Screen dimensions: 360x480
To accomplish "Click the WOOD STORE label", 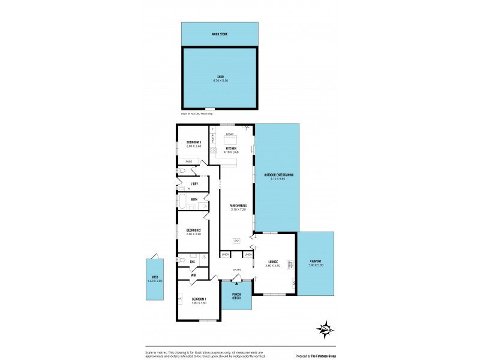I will (219, 34).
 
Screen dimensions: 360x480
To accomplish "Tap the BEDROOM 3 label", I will (193, 142).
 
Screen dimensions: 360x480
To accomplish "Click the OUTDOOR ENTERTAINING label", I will (278, 175).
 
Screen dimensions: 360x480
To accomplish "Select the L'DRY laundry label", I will (194, 184).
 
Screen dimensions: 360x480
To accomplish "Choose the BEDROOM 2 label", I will (193, 230).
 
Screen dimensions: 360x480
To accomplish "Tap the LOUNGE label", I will (273, 262).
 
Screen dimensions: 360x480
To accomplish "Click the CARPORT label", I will (316, 262).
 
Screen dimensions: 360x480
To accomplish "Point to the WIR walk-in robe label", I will (194, 275).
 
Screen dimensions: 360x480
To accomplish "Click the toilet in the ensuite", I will (182, 260).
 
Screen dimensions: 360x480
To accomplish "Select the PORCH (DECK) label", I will (236, 296).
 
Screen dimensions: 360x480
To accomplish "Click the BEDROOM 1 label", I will (199, 299).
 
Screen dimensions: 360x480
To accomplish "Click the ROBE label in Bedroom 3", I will (188, 161).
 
